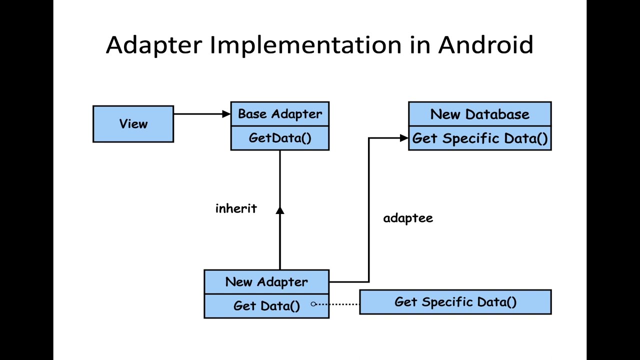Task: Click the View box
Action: coord(133,124)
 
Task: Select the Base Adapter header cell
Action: coord(280,114)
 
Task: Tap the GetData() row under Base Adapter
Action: coord(280,138)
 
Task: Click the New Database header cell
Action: coord(479,114)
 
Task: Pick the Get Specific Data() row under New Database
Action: coord(479,138)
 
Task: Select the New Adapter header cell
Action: coord(266,282)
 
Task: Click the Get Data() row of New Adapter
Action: coord(266,306)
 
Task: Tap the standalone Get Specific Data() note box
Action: coord(455,302)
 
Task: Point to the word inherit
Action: coord(236,208)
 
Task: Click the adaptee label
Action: coord(408,218)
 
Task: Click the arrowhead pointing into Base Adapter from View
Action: coord(226,114)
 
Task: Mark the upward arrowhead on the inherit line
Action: coord(280,210)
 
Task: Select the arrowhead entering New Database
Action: coord(404,138)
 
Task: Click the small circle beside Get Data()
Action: coord(313,303)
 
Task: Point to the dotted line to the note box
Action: coord(337,303)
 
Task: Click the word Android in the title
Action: coord(485,45)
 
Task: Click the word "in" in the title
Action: coord(419,45)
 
